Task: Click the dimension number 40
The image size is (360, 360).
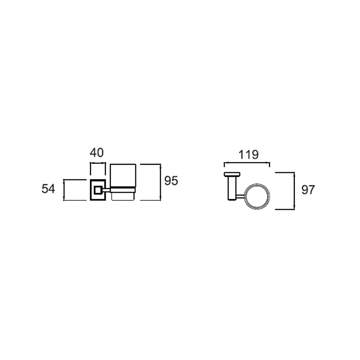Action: [x=97, y=153]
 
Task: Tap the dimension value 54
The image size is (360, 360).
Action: [x=48, y=189]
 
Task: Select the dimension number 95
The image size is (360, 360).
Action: [x=171, y=181]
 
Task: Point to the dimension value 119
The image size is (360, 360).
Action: [x=249, y=155]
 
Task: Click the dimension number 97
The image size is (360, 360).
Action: [x=308, y=190]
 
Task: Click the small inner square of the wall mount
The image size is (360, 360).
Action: [x=98, y=190]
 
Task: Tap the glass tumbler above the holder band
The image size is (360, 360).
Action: [x=123, y=175]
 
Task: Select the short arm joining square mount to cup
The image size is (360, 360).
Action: [x=106, y=190]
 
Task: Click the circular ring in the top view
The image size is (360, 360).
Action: [x=257, y=184]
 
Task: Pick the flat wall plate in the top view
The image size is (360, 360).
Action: [x=232, y=174]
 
